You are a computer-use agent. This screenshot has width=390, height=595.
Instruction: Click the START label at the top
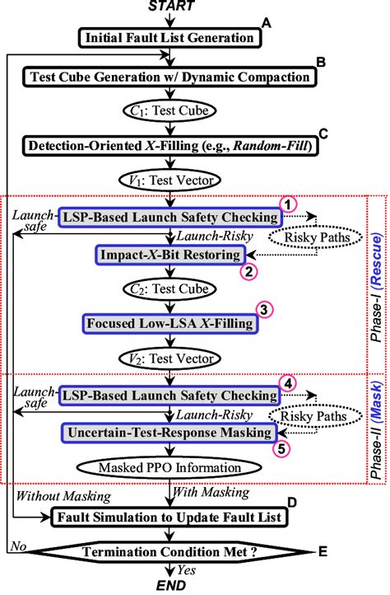[170, 7]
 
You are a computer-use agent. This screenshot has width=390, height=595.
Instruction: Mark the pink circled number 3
[264, 310]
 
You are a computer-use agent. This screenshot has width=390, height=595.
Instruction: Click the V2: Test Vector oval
[169, 358]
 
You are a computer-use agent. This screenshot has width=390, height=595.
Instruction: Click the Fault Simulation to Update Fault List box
[169, 518]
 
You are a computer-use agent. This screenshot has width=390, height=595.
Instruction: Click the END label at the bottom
[170, 586]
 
